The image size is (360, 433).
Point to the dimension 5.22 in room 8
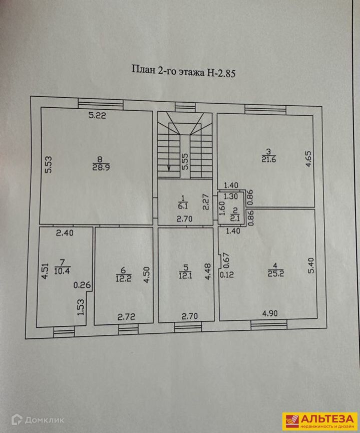[x=97, y=116]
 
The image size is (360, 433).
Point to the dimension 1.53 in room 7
[x=80, y=307]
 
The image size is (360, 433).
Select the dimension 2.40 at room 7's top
[x=65, y=233]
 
